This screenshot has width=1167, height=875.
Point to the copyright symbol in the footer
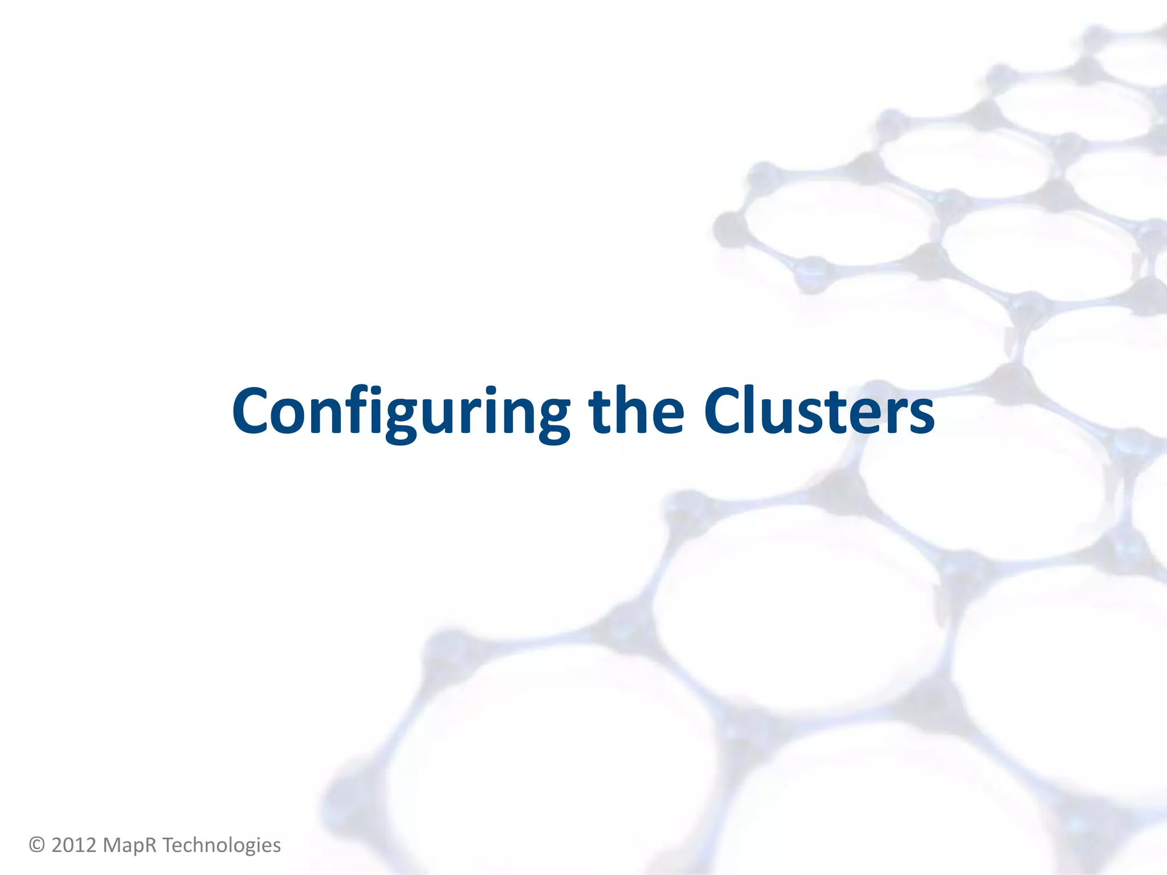(x=37, y=845)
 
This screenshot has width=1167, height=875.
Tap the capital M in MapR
(x=112, y=845)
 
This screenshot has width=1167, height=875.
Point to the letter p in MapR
(x=138, y=847)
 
